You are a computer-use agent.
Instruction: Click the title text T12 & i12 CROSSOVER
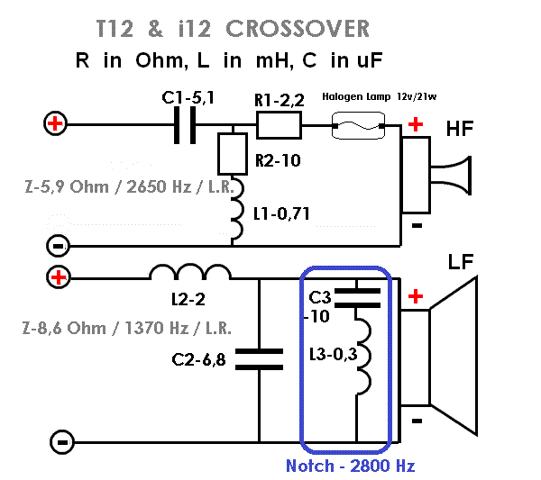(233, 29)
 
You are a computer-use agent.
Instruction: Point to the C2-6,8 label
(198, 360)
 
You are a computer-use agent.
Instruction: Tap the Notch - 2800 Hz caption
(350, 466)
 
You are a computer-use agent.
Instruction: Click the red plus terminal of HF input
(56, 123)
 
